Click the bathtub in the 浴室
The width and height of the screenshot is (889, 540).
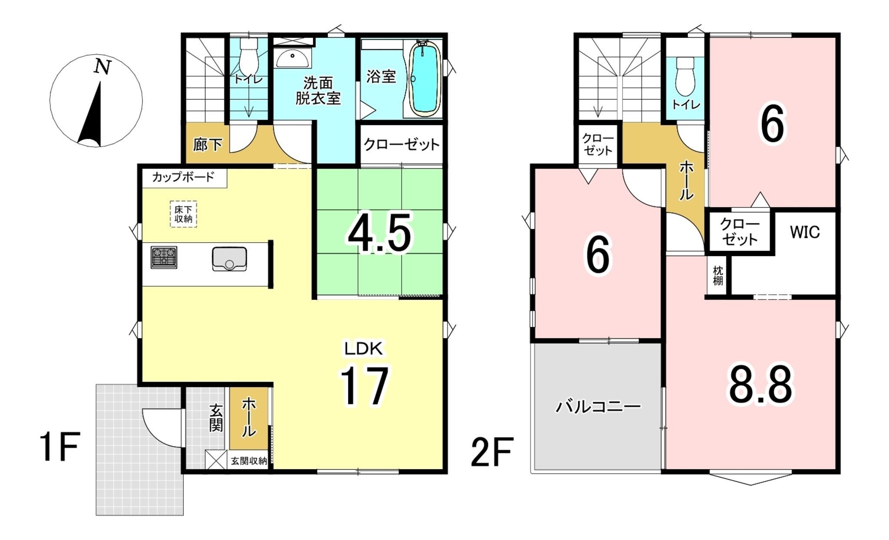[425, 79]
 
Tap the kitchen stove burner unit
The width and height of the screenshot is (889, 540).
[164, 257]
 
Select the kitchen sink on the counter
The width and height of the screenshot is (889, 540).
[230, 259]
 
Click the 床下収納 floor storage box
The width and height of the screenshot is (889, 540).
[183, 214]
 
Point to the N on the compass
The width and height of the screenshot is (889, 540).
[103, 67]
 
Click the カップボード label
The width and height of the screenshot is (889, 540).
[183, 177]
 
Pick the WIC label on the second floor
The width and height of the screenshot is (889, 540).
[805, 232]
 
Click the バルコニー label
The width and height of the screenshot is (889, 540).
[599, 407]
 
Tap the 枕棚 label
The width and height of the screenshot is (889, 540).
[718, 276]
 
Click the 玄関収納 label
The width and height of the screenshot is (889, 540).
[249, 461]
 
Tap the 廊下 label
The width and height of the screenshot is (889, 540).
[207, 145]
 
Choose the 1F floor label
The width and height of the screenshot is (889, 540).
[59, 447]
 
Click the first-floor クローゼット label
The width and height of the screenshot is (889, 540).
[402, 145]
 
